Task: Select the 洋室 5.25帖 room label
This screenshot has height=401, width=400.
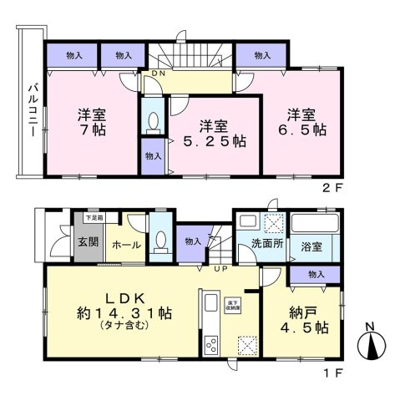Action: [214, 134]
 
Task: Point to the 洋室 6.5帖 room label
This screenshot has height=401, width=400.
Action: [306, 124]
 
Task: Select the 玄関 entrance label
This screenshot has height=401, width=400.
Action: [89, 243]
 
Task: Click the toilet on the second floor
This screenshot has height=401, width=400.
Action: [152, 123]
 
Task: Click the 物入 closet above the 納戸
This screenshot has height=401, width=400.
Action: [316, 275]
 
